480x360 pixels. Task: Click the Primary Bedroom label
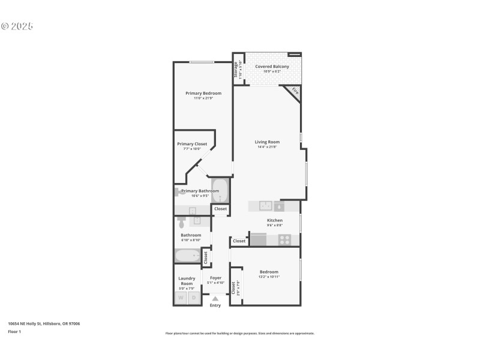coord(203,93)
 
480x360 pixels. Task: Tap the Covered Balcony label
coord(272,67)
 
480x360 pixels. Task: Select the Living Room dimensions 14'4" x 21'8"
coord(267,147)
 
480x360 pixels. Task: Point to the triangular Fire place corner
coord(295,91)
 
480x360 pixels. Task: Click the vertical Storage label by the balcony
coord(236,70)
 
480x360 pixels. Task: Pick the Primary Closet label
coord(192,144)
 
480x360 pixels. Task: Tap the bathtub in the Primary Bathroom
coord(220,191)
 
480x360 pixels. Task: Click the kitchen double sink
coord(266,206)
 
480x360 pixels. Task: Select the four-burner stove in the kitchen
coord(285,240)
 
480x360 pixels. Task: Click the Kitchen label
coord(275,220)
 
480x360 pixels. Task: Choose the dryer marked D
coord(194,298)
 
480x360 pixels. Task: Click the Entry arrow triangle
coord(215,298)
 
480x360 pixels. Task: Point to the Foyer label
coord(215,278)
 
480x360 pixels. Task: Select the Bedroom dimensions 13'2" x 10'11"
coord(268,277)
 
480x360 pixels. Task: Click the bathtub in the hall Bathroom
coord(187,256)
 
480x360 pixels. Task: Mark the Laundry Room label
coord(187,281)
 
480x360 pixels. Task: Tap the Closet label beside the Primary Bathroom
coord(220,209)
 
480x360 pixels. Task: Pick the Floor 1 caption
coord(14,331)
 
